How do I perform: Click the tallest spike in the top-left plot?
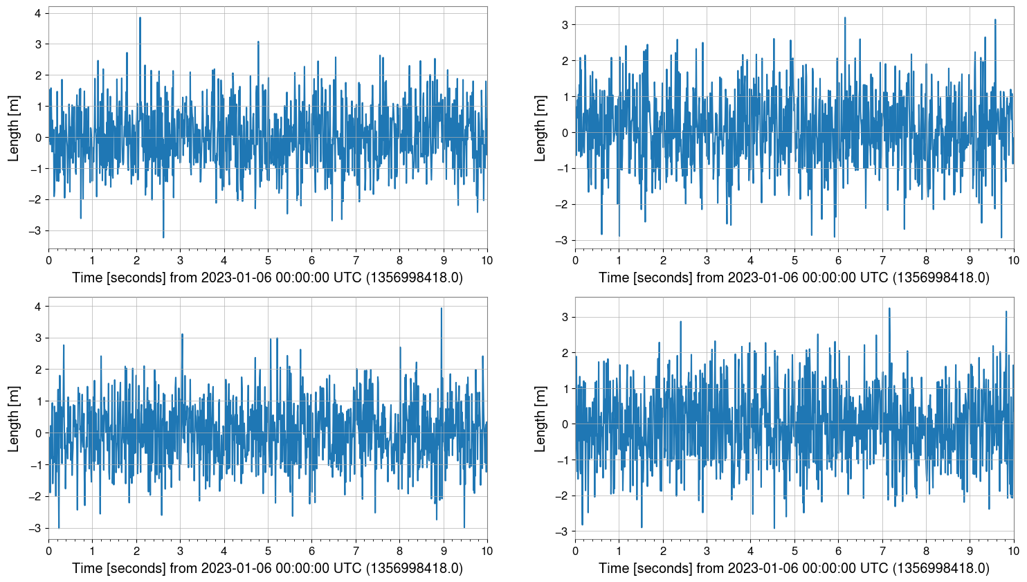pos(140,19)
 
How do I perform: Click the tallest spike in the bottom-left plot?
pos(442,309)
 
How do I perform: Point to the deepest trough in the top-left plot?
pos(163,237)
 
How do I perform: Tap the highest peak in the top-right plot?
pos(845,19)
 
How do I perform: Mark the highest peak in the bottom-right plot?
pos(889,309)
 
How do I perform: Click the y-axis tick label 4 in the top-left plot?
pos(38,13)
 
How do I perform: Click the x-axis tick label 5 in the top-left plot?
pos(268,261)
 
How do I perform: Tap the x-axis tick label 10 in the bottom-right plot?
pos(1013,552)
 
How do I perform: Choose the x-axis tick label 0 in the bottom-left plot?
pos(48,552)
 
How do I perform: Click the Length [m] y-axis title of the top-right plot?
pos(540,128)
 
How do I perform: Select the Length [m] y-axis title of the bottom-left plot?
pos(14,419)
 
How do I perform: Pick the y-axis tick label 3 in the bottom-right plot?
pos(565,317)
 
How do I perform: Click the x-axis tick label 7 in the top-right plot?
pos(882,261)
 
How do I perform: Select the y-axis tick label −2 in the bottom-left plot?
pos(35,496)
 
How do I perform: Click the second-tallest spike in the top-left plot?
pos(258,42)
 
